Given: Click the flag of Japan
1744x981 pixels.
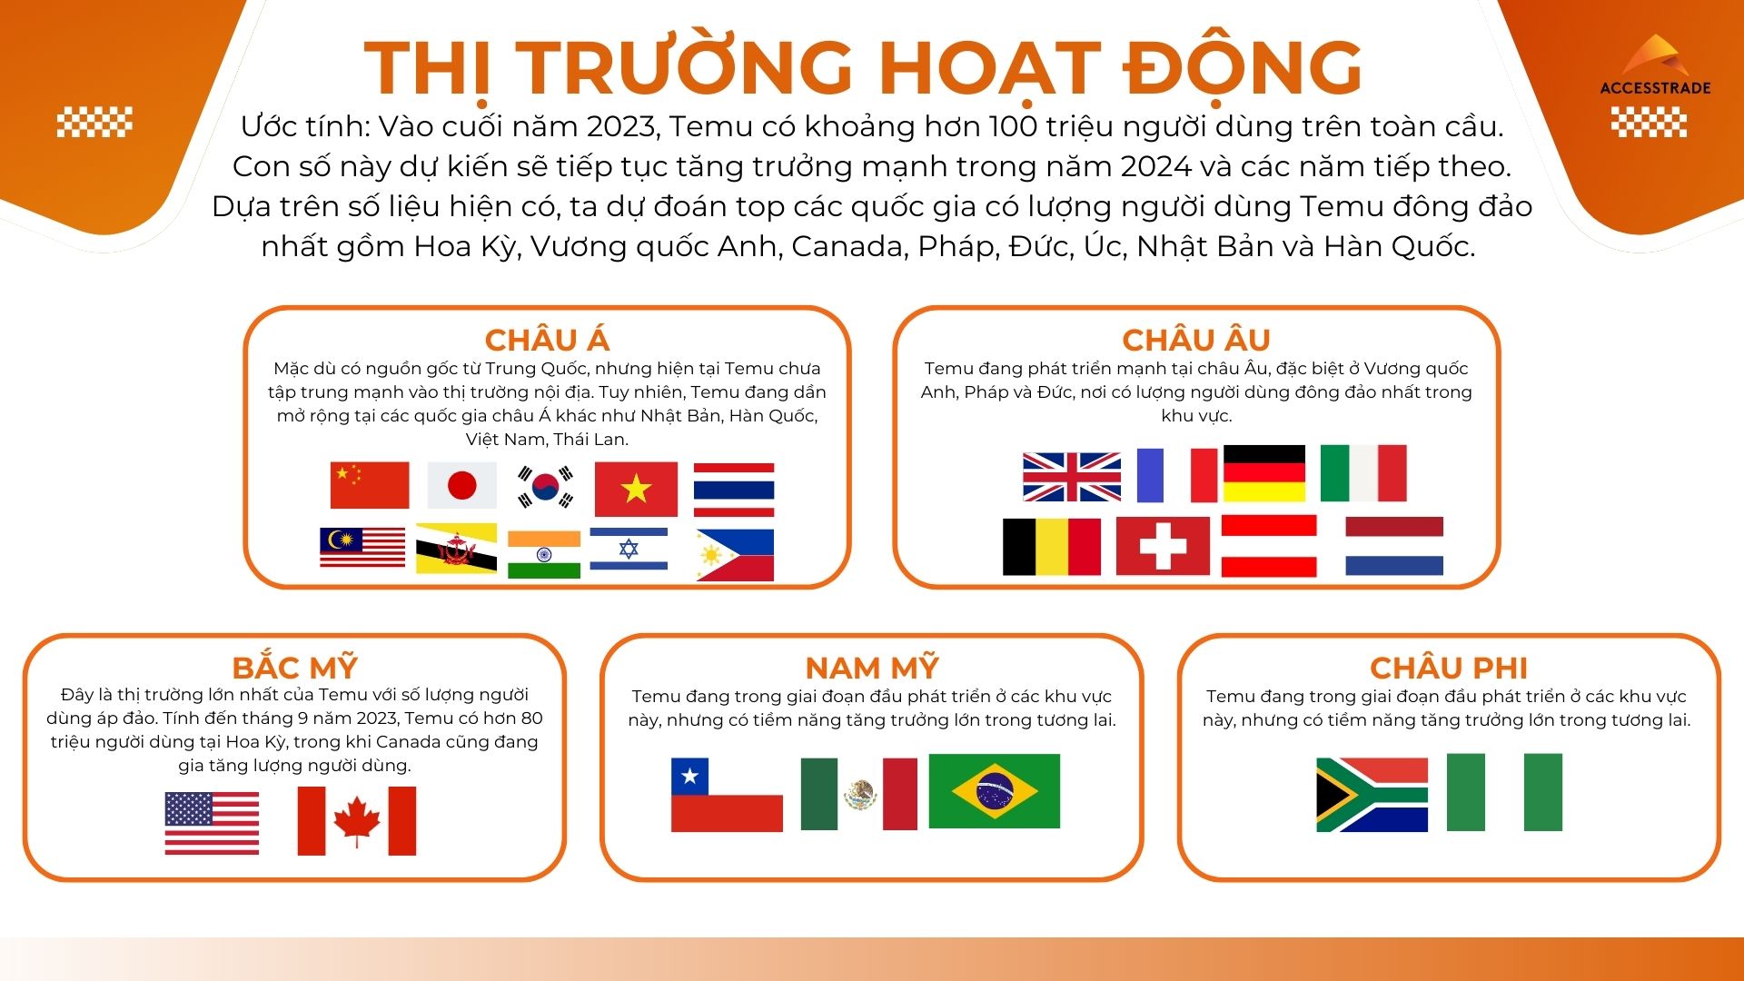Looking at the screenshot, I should (461, 485).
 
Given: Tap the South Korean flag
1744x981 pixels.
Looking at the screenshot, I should (545, 487).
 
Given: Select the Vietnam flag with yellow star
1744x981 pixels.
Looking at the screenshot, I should (636, 489).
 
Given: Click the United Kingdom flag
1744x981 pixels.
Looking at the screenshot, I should (1072, 477).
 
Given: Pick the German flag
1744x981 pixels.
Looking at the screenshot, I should (1264, 473).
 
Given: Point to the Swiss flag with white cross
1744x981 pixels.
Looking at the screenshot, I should (1163, 546).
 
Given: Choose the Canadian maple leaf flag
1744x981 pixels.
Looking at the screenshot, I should (357, 821).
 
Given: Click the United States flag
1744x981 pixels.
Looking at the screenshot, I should (212, 823).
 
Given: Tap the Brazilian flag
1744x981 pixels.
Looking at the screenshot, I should (995, 790).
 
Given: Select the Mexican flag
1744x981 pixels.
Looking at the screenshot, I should (859, 794).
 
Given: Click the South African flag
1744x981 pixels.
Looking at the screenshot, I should (1372, 795).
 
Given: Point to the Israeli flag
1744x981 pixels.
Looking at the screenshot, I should (629, 549).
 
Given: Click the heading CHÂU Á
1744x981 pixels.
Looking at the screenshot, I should (547, 340).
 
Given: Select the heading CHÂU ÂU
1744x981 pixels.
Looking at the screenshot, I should (1196, 340).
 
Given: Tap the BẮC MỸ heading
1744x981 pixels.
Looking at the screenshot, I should (294, 668).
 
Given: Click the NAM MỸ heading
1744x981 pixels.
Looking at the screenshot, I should (872, 668).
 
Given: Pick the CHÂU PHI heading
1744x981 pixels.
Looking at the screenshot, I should (1449, 668).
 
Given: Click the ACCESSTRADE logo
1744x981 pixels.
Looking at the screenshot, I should (1655, 67).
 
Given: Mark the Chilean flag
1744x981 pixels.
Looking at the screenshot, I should (727, 795).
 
